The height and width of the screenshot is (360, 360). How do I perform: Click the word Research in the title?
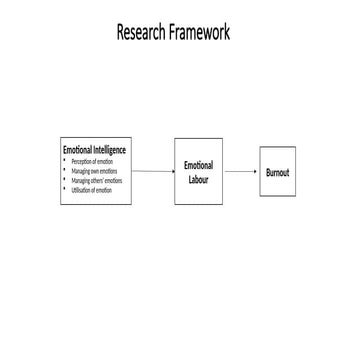click(142, 32)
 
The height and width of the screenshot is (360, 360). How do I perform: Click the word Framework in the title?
click(198, 32)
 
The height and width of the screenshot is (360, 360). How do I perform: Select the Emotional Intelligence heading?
click(95, 150)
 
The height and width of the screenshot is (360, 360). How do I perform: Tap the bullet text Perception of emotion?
click(92, 161)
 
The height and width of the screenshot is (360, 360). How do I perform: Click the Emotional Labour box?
click(198, 171)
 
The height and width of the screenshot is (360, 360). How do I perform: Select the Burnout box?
click(277, 172)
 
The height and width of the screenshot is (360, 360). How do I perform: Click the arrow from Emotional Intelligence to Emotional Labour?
click(153, 171)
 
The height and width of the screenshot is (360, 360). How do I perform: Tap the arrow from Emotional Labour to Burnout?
click(240, 171)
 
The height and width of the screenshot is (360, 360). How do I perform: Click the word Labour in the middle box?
click(198, 179)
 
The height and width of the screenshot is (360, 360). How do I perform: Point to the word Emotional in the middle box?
click(198, 165)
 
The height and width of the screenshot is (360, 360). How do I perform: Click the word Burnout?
click(277, 172)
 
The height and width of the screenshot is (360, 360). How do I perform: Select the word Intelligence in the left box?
click(109, 150)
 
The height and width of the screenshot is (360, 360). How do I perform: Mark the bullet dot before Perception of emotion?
click(65, 161)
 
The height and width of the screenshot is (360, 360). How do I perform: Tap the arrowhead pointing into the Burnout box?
click(255, 171)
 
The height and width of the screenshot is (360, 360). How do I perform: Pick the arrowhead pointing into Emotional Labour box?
click(172, 171)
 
